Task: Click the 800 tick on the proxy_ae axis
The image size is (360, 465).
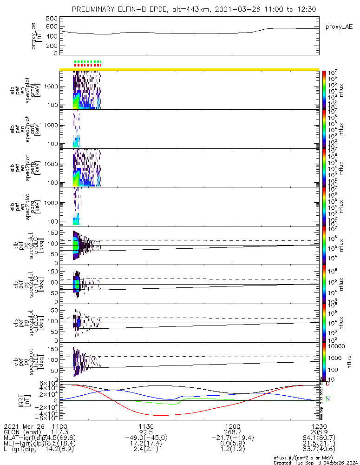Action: (52, 18)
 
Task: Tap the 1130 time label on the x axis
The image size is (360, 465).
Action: (146, 425)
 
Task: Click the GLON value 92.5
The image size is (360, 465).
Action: (146, 432)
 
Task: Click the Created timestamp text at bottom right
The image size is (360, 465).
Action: (316, 462)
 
